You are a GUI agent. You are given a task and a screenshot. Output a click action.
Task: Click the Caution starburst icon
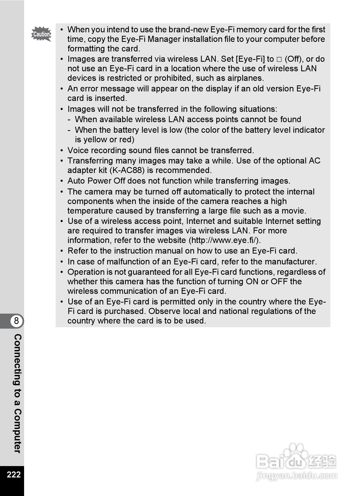point(41,34)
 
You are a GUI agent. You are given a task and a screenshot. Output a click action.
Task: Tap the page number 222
point(14,474)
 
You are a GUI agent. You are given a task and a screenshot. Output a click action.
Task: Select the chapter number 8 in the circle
point(16,321)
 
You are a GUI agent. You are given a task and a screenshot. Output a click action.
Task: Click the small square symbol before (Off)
point(279,59)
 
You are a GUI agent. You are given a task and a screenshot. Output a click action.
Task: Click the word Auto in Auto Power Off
point(76,181)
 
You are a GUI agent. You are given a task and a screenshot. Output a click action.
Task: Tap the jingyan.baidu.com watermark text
point(297,476)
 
